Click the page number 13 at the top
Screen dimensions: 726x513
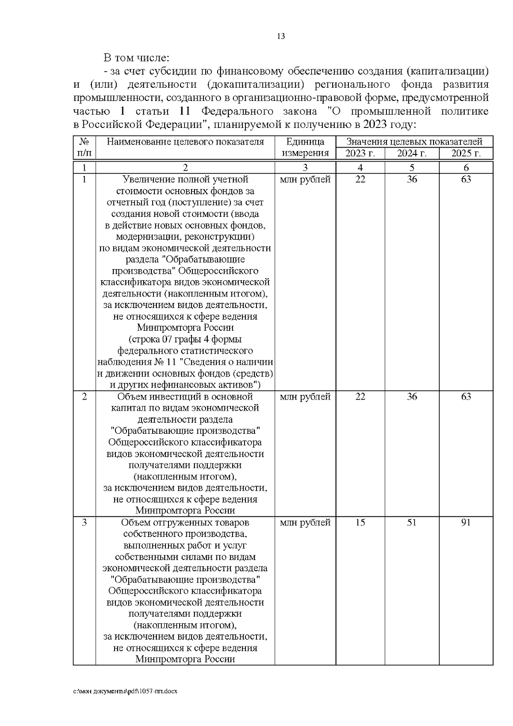coord(281,36)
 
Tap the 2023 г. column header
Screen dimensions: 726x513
coord(360,154)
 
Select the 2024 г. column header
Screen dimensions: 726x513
coord(412,154)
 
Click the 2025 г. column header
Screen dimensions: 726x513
coord(466,154)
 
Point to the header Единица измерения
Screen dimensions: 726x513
coord(305,147)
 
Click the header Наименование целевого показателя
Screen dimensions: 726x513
coord(185,142)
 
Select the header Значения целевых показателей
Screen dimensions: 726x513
coord(414,142)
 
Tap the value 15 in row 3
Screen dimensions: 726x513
coord(360,522)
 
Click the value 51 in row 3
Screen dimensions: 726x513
coord(412,522)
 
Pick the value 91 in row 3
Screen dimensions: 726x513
coord(466,522)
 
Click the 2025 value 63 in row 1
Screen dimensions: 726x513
coord(466,179)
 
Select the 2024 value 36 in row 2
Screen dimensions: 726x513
coord(412,397)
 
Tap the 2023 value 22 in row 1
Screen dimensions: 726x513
coord(360,179)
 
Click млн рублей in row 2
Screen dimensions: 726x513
coord(305,397)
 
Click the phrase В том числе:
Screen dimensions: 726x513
coord(136,58)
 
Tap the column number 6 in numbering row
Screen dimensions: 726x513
coord(466,168)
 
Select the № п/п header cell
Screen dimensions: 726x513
coord(84,147)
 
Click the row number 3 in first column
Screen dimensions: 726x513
coord(84,522)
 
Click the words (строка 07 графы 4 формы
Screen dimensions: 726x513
coord(185,339)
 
